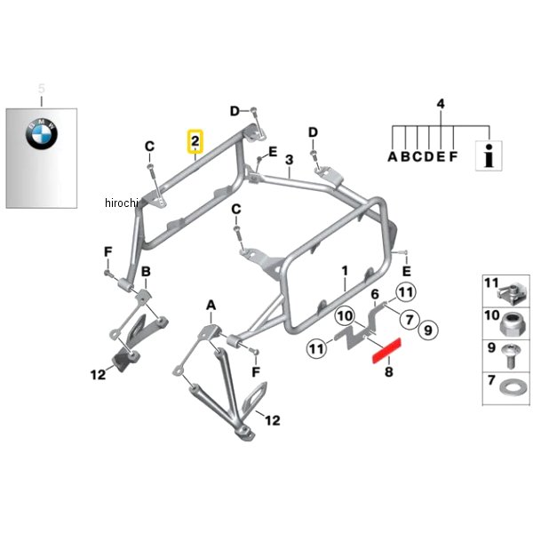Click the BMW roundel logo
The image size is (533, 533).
pyautogui.click(x=42, y=134)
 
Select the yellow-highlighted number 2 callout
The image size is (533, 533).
pyautogui.click(x=195, y=141)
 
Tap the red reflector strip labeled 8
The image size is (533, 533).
pyautogui.click(x=386, y=351)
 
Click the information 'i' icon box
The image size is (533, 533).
pyautogui.click(x=489, y=155)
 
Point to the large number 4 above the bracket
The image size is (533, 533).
pyautogui.click(x=441, y=104)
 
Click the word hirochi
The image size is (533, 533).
pyautogui.click(x=122, y=203)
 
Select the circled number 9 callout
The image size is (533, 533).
pyautogui.click(x=428, y=330)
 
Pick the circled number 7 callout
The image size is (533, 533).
pyautogui.click(x=410, y=320)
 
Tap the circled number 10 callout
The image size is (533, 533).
pyautogui.click(x=345, y=316)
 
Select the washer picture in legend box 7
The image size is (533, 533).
pyautogui.click(x=510, y=387)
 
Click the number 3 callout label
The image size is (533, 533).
pyautogui.click(x=289, y=160)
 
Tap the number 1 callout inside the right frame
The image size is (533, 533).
pyautogui.click(x=345, y=271)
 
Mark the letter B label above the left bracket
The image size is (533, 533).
pyautogui.click(x=146, y=272)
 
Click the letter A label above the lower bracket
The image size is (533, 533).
pyautogui.click(x=211, y=306)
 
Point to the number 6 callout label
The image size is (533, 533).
pyautogui.click(x=375, y=294)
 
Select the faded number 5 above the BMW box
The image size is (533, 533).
pyautogui.click(x=41, y=88)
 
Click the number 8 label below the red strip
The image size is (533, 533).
pyautogui.click(x=389, y=372)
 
